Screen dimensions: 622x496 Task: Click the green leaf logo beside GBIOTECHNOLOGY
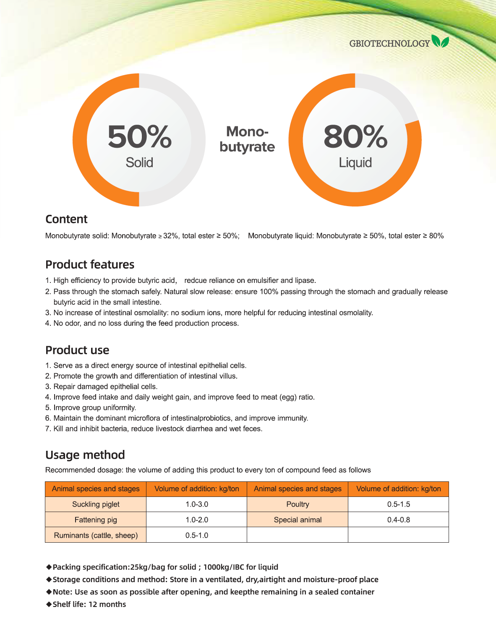pyautogui.click(x=440, y=42)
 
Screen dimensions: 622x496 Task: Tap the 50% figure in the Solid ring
pyautogui.click(x=139, y=137)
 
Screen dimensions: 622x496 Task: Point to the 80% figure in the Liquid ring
pyautogui.click(x=355, y=137)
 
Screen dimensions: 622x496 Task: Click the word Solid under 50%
pyautogui.click(x=139, y=162)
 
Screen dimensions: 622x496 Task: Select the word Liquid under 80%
pyautogui.click(x=355, y=162)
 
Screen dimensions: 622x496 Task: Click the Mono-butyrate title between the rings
pyautogui.click(x=247, y=139)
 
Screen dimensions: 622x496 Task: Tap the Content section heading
pyautogui.click(x=66, y=219)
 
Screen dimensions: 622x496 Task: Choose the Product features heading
pyautogui.click(x=90, y=264)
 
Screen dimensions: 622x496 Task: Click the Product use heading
pyautogui.click(x=77, y=350)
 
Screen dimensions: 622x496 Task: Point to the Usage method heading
pyautogui.click(x=85, y=455)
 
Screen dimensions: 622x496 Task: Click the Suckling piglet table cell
pyautogui.click(x=96, y=504)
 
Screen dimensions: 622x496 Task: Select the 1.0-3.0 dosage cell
pyautogui.click(x=197, y=504)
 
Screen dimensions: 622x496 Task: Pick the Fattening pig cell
pyautogui.click(x=96, y=520)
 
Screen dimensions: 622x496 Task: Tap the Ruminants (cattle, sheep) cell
pyautogui.click(x=96, y=535)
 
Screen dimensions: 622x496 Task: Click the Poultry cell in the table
pyautogui.click(x=298, y=504)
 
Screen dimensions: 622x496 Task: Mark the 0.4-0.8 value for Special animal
pyautogui.click(x=399, y=520)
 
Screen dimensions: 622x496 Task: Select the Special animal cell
pyautogui.click(x=298, y=520)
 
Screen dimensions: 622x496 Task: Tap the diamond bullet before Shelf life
pyautogui.click(x=49, y=604)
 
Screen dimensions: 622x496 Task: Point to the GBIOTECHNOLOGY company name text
pyautogui.click(x=389, y=44)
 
